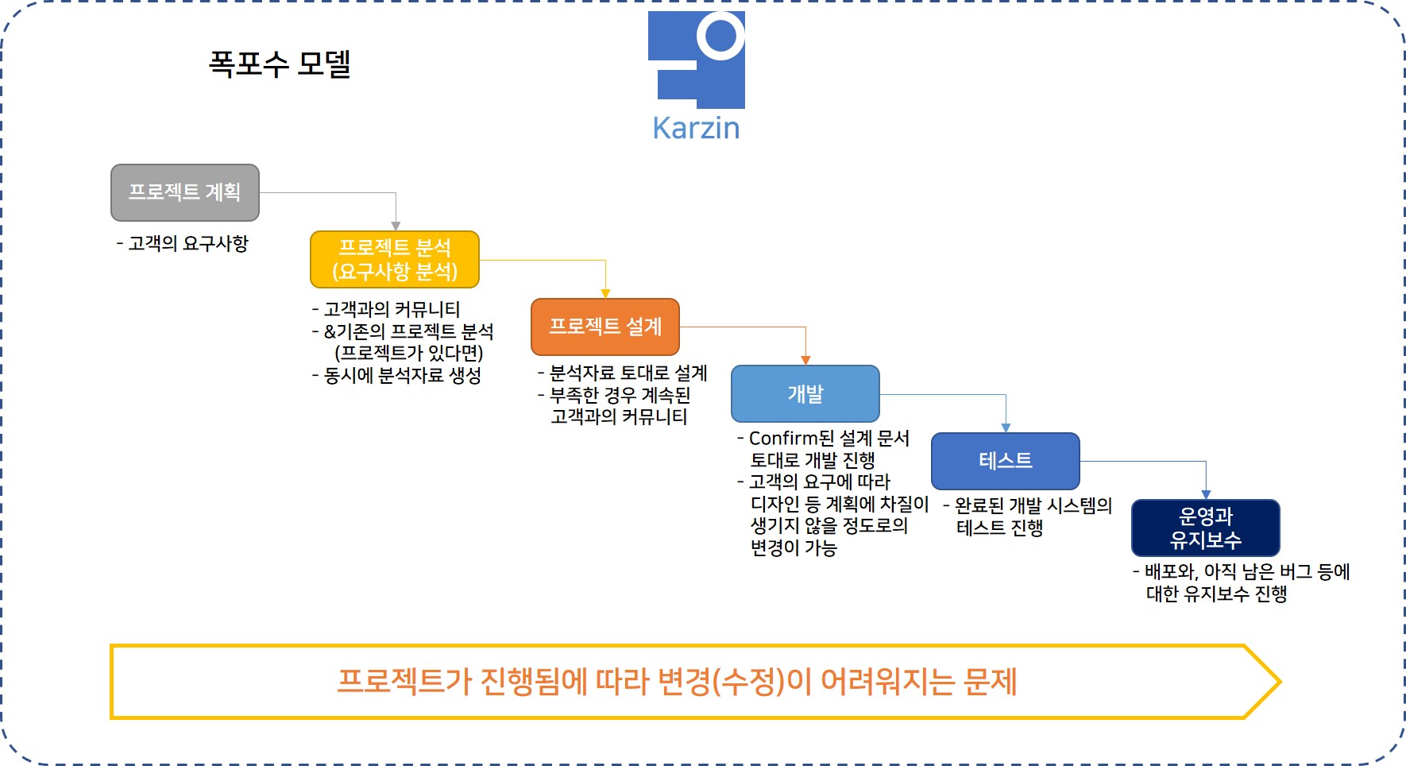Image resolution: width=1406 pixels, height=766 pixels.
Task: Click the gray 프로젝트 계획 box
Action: [x=185, y=192]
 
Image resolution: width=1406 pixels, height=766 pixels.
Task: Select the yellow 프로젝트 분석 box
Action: [x=395, y=259]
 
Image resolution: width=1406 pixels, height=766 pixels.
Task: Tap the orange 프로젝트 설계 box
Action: [x=605, y=327]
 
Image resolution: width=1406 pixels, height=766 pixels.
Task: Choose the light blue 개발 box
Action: [x=805, y=393]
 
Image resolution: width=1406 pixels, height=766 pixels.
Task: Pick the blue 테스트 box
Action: [x=1006, y=461]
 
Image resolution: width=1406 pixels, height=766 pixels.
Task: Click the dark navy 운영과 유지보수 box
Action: [x=1206, y=528]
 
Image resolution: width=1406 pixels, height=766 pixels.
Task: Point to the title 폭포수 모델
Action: [x=280, y=64]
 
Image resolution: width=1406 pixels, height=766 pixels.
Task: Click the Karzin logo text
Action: [x=696, y=128]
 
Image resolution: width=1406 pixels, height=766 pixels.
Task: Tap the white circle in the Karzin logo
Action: [x=720, y=36]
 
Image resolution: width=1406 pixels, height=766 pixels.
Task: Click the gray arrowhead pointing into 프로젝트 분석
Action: [x=396, y=226]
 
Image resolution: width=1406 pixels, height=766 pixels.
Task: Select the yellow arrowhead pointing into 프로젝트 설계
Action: [x=605, y=293]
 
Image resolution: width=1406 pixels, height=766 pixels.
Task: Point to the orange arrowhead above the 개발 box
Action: [x=805, y=360]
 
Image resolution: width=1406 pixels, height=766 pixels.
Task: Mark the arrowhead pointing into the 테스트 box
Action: [x=1006, y=427]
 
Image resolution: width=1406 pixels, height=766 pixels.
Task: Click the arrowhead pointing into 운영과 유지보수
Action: [x=1206, y=494]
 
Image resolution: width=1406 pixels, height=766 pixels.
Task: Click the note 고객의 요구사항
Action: [x=188, y=243]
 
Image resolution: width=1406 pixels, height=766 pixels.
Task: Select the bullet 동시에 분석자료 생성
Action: [x=402, y=375]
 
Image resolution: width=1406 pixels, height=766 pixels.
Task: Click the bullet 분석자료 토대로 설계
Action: [x=628, y=373]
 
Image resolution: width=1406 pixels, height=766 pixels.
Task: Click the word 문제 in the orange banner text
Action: [x=990, y=682]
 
